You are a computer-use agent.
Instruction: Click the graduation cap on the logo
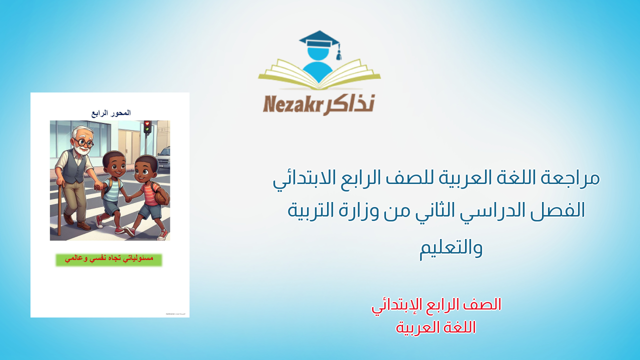click(318, 39)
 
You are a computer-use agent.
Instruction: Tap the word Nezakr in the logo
click(292, 104)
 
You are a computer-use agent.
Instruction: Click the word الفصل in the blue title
click(559, 210)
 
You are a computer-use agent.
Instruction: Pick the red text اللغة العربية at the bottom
click(436, 327)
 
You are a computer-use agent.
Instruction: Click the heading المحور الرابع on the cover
click(111, 113)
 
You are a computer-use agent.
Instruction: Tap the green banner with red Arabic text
click(109, 259)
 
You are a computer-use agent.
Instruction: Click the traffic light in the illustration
click(147, 126)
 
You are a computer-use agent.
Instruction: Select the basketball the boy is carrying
click(162, 197)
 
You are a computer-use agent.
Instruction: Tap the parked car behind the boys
click(164, 157)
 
